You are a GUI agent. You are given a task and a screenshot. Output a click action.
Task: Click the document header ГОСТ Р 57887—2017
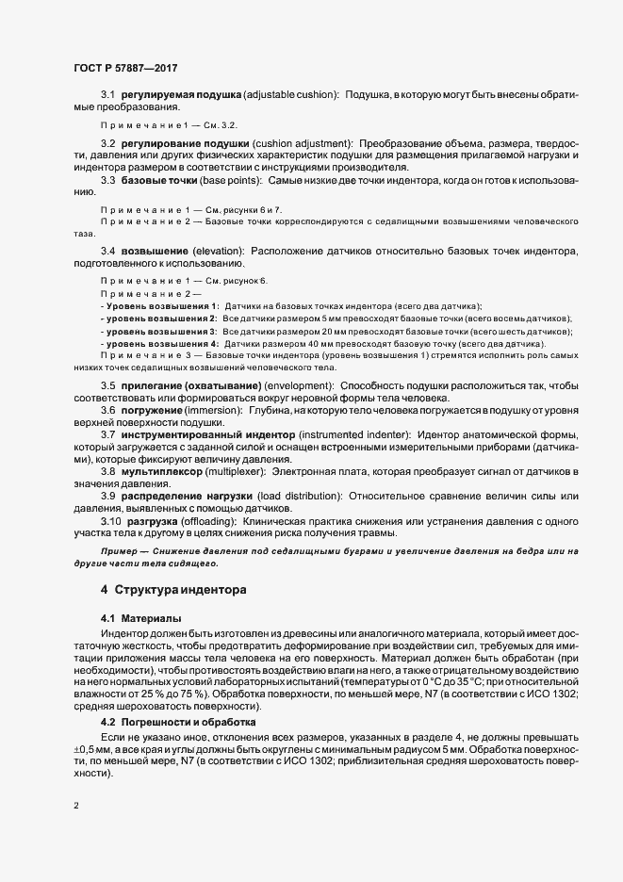(x=125, y=69)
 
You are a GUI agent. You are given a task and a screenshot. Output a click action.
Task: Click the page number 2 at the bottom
(x=75, y=806)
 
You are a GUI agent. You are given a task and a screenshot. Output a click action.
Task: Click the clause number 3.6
(x=107, y=411)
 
